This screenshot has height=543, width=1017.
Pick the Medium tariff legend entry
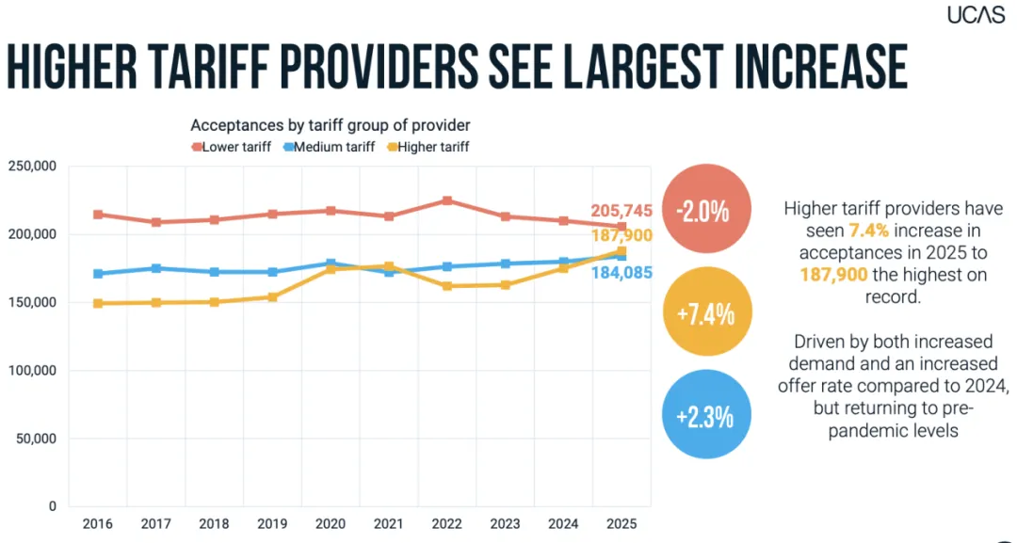(x=329, y=147)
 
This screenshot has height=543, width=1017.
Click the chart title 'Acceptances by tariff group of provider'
(x=330, y=125)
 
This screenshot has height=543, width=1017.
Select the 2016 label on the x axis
(x=97, y=523)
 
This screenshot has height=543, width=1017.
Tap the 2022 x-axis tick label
(x=447, y=523)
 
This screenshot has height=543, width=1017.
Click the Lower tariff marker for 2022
(x=447, y=200)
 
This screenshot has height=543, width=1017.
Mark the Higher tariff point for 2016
(x=98, y=303)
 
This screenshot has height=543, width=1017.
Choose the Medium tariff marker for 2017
(x=156, y=268)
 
